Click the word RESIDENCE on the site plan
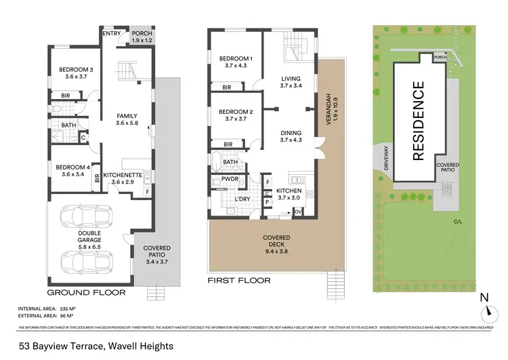pos(418,121)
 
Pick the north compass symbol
pos(488,312)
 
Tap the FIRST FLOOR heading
pos(239,280)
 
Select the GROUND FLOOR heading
pos(86,293)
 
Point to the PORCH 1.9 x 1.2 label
pos(142,37)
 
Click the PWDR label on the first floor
pos(221,180)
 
